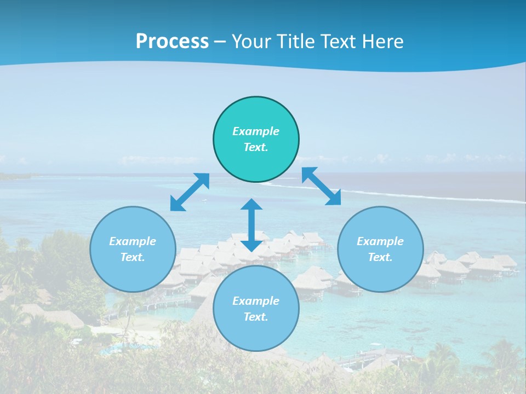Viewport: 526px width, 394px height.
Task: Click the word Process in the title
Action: coord(172,42)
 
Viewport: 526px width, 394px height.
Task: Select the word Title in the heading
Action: coord(296,42)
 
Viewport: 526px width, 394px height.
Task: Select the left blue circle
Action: coord(133,274)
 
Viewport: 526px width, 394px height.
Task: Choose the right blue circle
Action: coord(380,274)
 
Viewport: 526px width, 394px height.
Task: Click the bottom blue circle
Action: coord(256,334)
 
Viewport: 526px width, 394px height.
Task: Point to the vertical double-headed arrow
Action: coord(251,225)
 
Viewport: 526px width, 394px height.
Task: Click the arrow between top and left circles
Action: coord(190,192)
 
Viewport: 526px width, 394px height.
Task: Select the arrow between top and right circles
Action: coord(321,186)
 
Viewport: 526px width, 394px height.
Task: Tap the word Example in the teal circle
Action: coord(256,131)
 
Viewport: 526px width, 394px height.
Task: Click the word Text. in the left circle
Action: coord(133,257)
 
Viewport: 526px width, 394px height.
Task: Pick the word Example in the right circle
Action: coord(380,241)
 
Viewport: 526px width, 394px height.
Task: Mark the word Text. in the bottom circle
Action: coord(256,317)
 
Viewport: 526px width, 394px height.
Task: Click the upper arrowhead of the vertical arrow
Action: coord(251,205)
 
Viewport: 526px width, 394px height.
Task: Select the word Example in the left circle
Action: coord(133,241)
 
